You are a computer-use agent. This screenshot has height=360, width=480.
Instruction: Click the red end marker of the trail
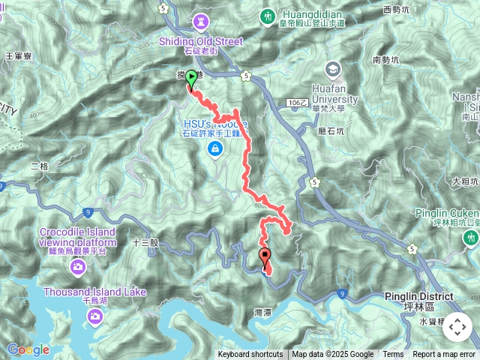click(x=265, y=259)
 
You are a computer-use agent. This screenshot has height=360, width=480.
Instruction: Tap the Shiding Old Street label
click(x=200, y=41)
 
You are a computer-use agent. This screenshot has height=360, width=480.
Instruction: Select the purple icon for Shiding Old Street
click(x=201, y=21)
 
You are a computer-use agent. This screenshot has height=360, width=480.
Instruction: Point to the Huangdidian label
click(x=311, y=13)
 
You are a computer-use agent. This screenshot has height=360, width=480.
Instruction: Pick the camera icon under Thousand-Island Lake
click(x=94, y=316)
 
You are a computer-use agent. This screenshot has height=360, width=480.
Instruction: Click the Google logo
click(x=28, y=349)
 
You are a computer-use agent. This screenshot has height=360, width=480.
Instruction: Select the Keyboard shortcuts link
click(x=250, y=355)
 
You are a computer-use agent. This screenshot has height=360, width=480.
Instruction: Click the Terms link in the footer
click(x=393, y=355)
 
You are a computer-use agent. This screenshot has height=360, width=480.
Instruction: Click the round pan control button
click(x=457, y=327)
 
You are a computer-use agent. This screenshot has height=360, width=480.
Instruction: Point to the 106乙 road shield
click(x=298, y=102)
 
